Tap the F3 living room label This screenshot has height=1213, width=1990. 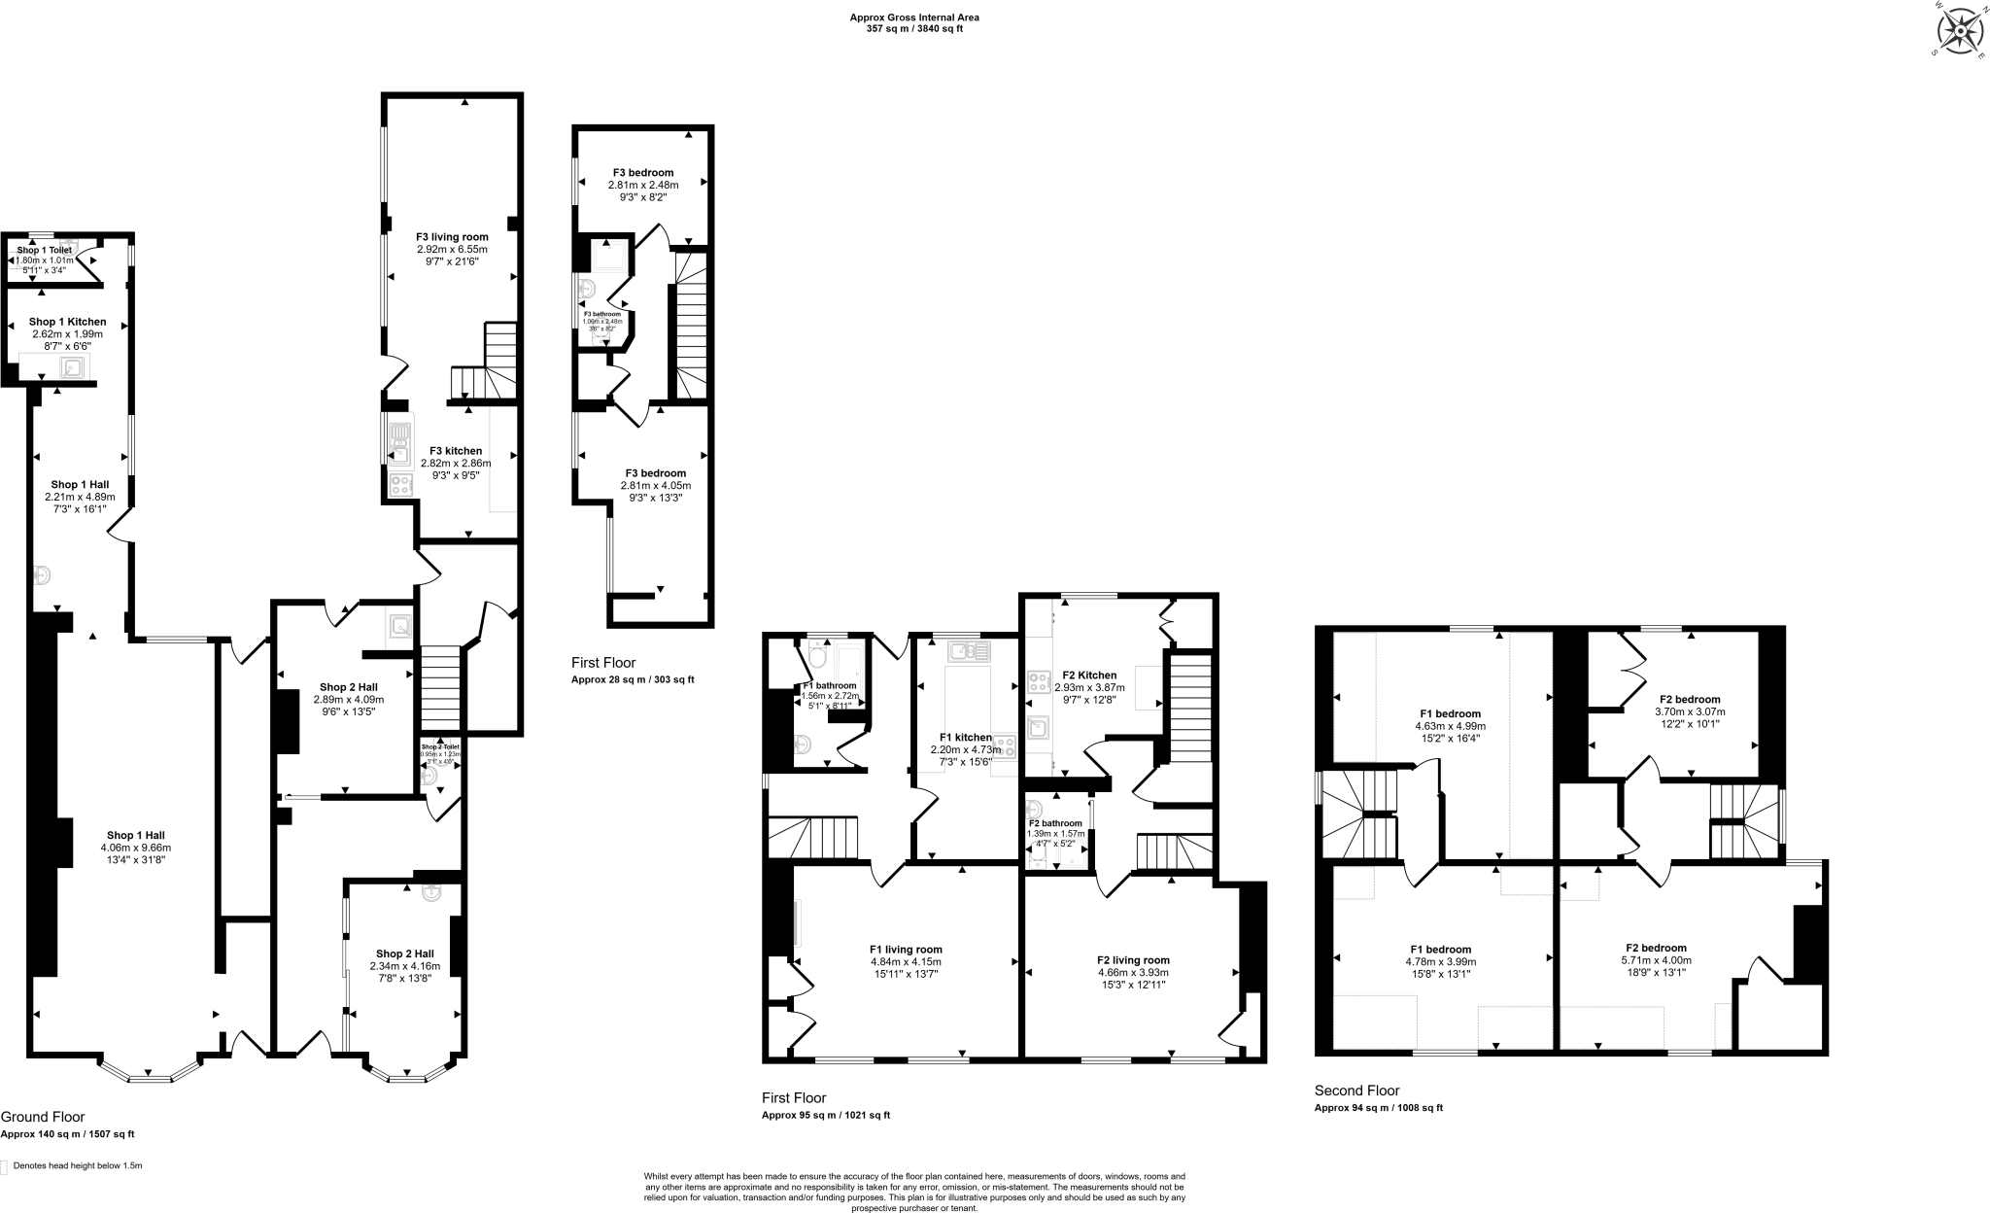[452, 236]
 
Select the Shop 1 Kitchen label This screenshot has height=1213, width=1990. [67, 322]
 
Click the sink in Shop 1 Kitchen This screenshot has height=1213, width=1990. [73, 367]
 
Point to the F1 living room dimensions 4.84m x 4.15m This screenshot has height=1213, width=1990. [906, 962]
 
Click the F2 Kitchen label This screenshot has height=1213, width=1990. [1089, 675]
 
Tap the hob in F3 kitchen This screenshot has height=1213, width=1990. [399, 485]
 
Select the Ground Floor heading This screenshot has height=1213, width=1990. [43, 1117]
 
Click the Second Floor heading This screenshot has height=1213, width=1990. [1356, 1091]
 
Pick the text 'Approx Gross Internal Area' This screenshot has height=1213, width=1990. [914, 17]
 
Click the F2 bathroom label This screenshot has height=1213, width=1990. [1054, 823]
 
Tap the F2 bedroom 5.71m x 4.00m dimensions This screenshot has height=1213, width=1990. [1656, 960]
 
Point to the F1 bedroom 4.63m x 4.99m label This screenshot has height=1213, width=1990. [1450, 713]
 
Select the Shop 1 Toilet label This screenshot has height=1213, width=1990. [44, 250]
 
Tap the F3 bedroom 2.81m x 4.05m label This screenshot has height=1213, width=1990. [655, 473]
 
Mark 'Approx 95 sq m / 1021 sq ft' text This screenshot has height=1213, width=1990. [825, 1115]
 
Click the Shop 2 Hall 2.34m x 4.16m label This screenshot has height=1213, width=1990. [404, 953]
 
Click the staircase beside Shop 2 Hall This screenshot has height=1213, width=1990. [439, 689]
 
